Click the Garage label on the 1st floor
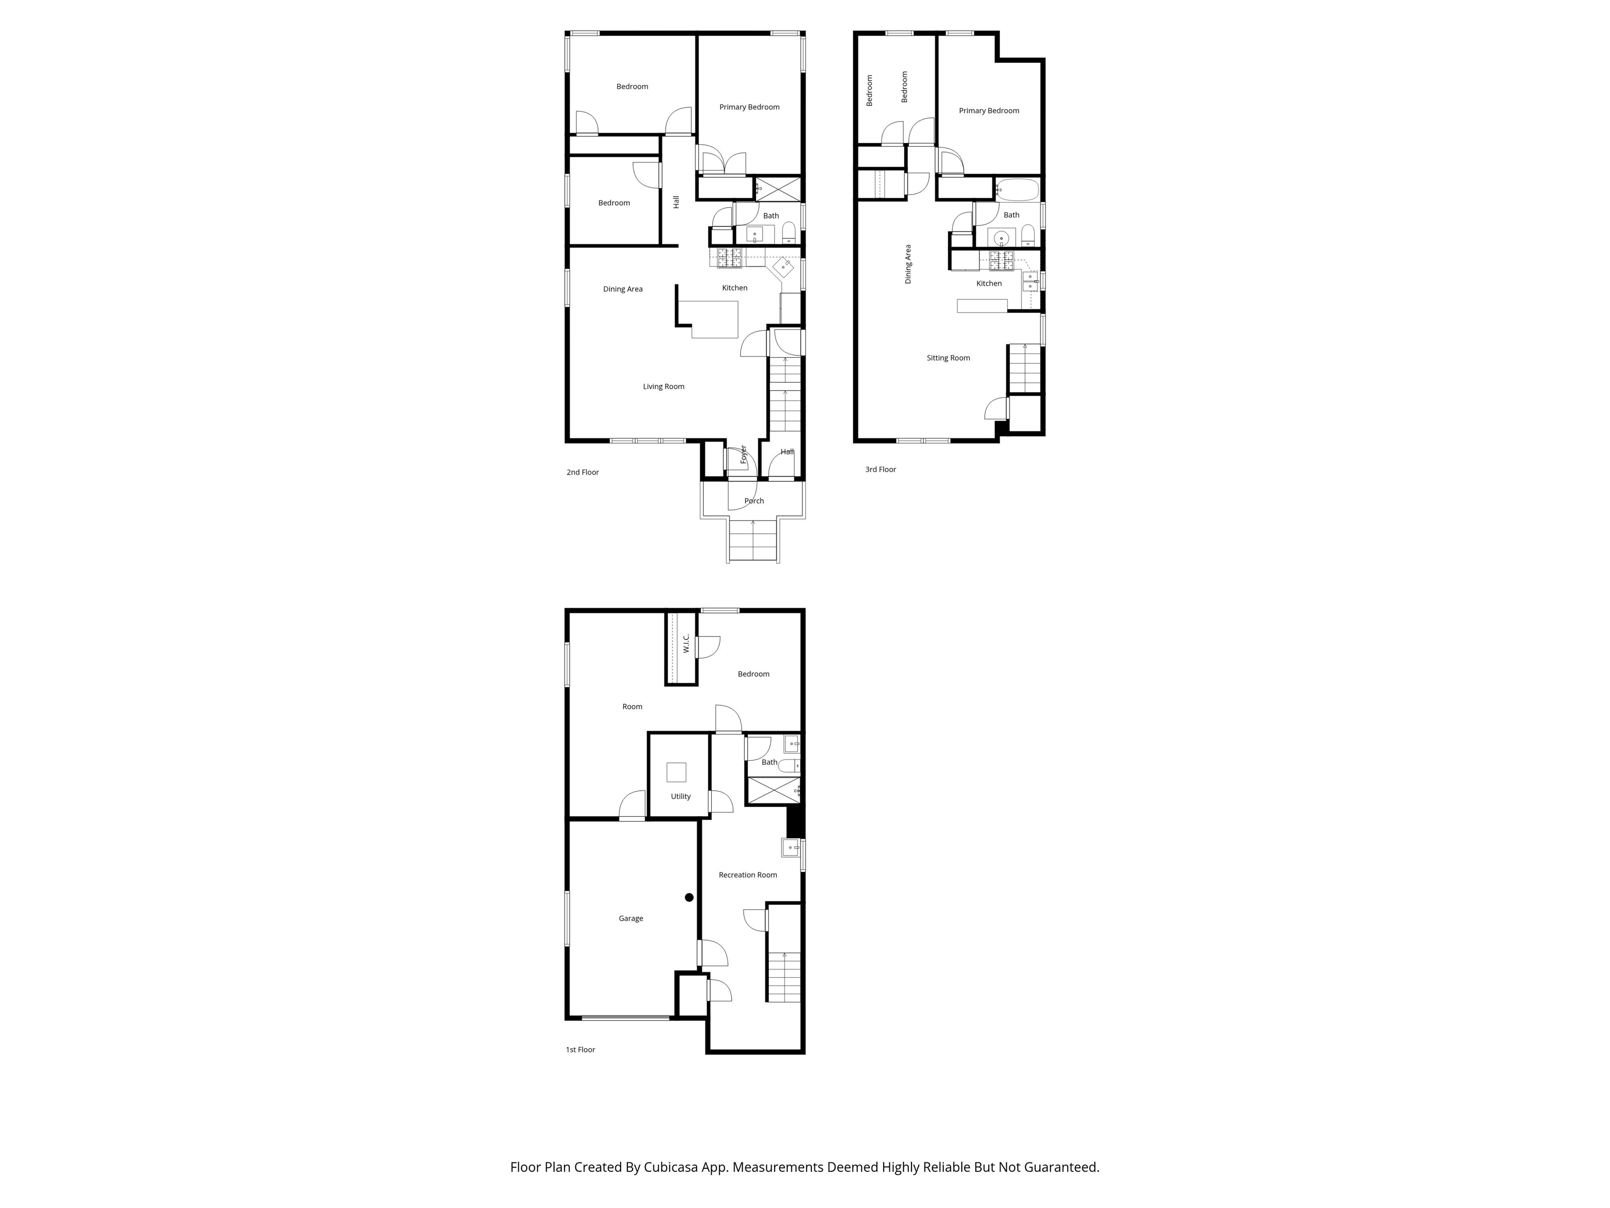(x=630, y=918)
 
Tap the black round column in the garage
(x=689, y=897)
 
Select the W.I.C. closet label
(x=686, y=643)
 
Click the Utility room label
(x=681, y=796)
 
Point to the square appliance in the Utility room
(x=676, y=772)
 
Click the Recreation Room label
(x=747, y=875)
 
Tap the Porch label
(x=754, y=500)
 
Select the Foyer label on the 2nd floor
(x=743, y=455)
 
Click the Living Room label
(x=663, y=386)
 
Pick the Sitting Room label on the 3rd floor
(x=948, y=358)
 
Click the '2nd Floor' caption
(x=582, y=472)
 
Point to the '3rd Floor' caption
(x=880, y=469)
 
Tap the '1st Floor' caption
(x=580, y=1049)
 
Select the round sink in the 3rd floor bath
(x=1002, y=238)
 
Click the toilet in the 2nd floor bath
(x=788, y=232)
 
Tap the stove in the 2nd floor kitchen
(x=730, y=257)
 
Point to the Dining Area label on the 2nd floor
(x=622, y=289)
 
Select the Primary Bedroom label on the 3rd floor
(x=988, y=111)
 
